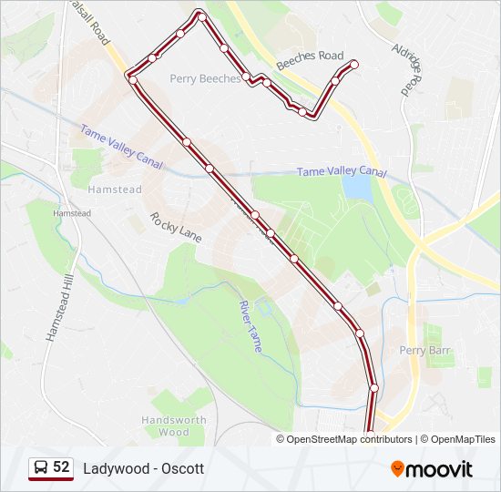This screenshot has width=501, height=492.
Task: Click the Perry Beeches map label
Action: click(x=205, y=78)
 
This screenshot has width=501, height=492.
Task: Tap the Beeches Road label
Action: click(x=310, y=56)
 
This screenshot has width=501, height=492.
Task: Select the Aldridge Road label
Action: click(x=406, y=67)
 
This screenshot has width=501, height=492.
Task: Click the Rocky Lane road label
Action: click(x=176, y=228)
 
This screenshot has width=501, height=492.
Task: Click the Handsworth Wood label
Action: click(x=174, y=425)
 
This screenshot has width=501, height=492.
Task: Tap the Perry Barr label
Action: click(x=425, y=350)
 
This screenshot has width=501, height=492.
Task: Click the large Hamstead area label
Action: click(x=115, y=190)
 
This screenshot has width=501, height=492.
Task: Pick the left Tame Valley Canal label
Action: click(x=120, y=147)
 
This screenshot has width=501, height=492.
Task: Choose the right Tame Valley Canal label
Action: click(x=342, y=171)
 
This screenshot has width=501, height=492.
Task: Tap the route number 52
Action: click(x=61, y=467)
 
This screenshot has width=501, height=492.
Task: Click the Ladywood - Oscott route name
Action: click(x=143, y=468)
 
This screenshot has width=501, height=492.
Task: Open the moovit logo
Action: click(x=432, y=468)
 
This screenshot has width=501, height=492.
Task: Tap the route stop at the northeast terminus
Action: click(x=354, y=63)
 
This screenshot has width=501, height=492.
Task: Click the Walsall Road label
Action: click(x=90, y=23)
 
